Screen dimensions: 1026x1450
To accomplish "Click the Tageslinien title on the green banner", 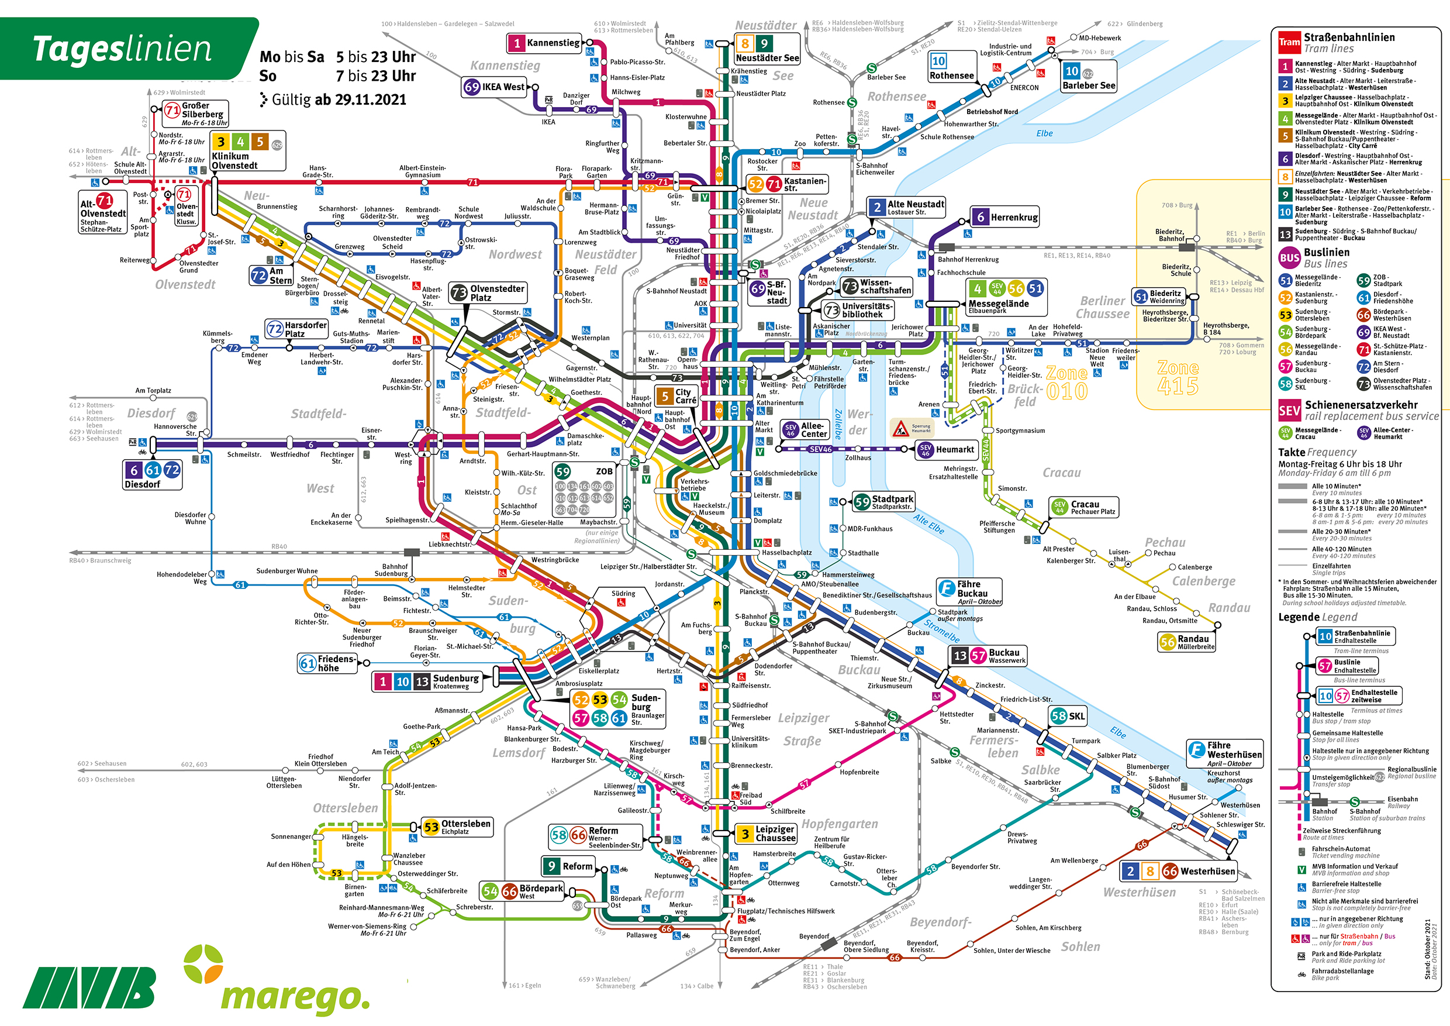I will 122,49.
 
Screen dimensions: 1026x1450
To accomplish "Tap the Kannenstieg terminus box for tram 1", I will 544,43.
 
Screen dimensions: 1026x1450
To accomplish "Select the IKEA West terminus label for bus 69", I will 495,87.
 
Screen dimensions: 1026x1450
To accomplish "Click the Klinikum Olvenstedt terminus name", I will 234,160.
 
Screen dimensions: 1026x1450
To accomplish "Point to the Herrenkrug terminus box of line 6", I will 1006,218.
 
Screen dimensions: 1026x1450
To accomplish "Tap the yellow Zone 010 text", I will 1066,383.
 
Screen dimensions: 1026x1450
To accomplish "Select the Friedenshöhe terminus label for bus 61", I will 327,663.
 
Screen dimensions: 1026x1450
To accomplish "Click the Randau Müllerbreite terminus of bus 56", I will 1187,642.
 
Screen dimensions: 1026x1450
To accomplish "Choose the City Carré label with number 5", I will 676,396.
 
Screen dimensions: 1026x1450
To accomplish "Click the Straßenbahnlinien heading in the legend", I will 1349,37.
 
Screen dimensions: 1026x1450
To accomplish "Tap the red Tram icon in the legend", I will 1289,42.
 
